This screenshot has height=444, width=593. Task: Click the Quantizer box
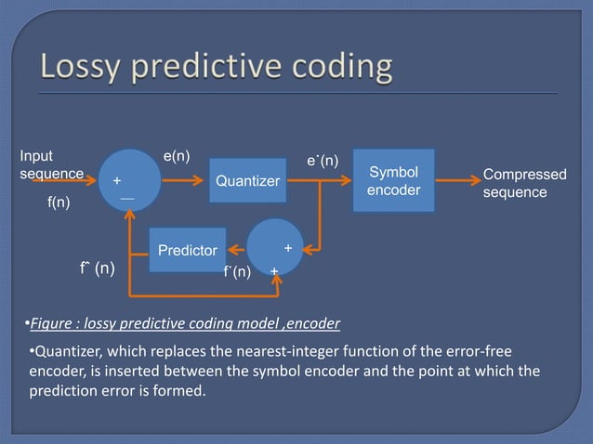point(246,181)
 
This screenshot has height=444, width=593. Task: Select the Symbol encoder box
point(393,180)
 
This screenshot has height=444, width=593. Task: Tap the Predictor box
point(188,250)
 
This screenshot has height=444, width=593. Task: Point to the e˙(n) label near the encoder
point(323,162)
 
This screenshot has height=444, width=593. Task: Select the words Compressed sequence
point(524,184)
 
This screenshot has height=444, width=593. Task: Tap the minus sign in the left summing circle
point(125,199)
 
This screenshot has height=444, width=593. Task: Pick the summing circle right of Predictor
point(275,247)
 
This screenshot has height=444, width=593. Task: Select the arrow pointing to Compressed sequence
point(455,180)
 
